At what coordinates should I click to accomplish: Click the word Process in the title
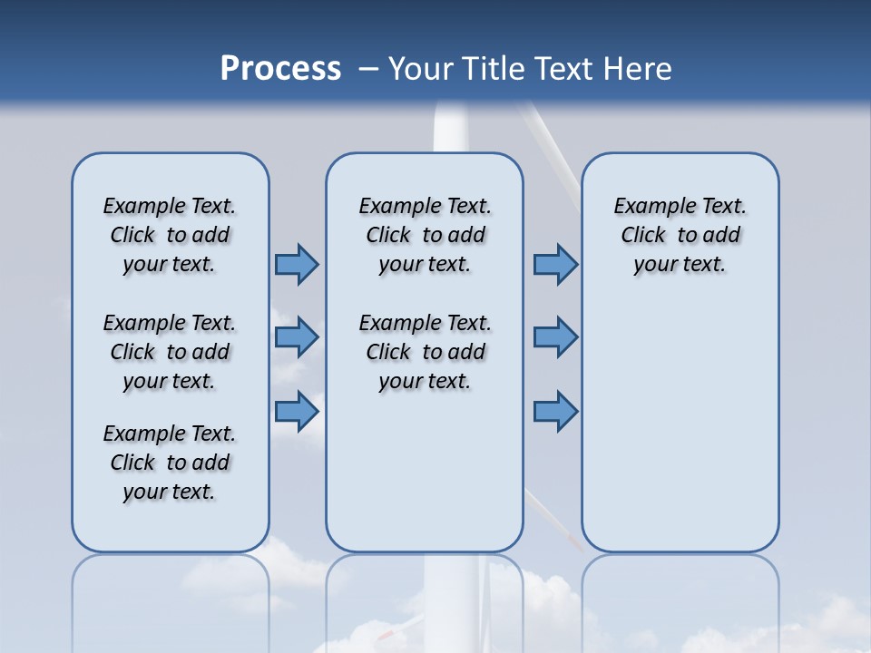click(x=280, y=69)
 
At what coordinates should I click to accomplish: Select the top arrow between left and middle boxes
click(x=297, y=264)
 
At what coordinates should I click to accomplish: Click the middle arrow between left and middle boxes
click(x=297, y=337)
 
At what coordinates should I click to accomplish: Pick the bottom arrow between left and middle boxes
click(x=297, y=412)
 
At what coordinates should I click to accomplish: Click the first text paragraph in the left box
click(x=170, y=235)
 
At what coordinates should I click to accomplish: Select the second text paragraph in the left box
click(x=170, y=352)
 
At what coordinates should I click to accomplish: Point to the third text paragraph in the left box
click(x=170, y=463)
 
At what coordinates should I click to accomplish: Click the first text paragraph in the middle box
click(x=425, y=235)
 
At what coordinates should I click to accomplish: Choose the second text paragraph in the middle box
click(x=425, y=352)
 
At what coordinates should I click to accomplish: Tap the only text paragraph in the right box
click(x=680, y=235)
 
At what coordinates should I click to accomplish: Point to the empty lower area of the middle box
click(x=425, y=472)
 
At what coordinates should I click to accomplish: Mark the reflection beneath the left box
click(x=170, y=599)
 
